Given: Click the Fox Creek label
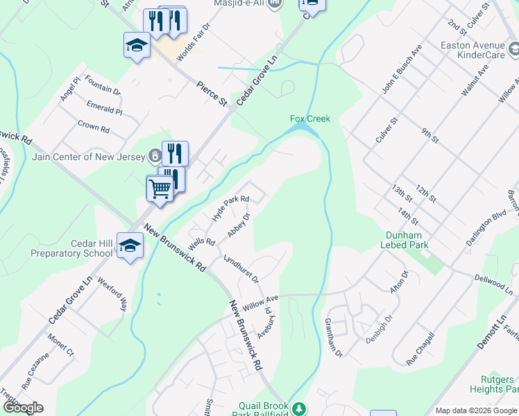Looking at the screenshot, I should click(309, 119).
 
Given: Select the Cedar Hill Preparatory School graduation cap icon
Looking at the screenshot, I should click(130, 245).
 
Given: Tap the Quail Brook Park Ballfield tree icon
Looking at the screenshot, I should click(299, 409).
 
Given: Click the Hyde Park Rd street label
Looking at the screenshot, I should click(230, 205).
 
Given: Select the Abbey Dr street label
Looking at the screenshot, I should click(238, 224).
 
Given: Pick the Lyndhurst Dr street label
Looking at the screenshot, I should click(241, 269).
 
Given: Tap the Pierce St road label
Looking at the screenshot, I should click(212, 93).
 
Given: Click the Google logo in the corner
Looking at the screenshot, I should click(23, 408).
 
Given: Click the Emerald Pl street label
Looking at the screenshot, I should click(105, 110).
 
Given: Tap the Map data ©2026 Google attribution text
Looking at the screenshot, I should click(475, 410).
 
